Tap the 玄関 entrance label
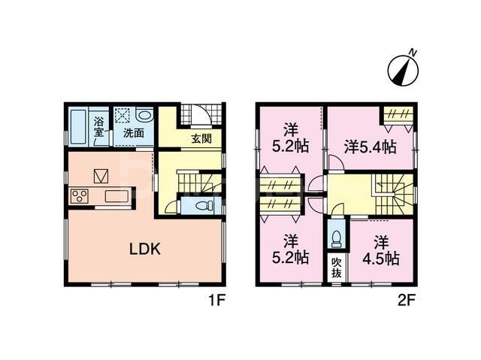(x=201, y=138)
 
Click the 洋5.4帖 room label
(x=370, y=147)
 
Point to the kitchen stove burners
(x=80, y=197)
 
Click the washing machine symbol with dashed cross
(x=123, y=116)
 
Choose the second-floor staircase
(x=392, y=189)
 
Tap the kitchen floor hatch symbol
(x=101, y=176)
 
